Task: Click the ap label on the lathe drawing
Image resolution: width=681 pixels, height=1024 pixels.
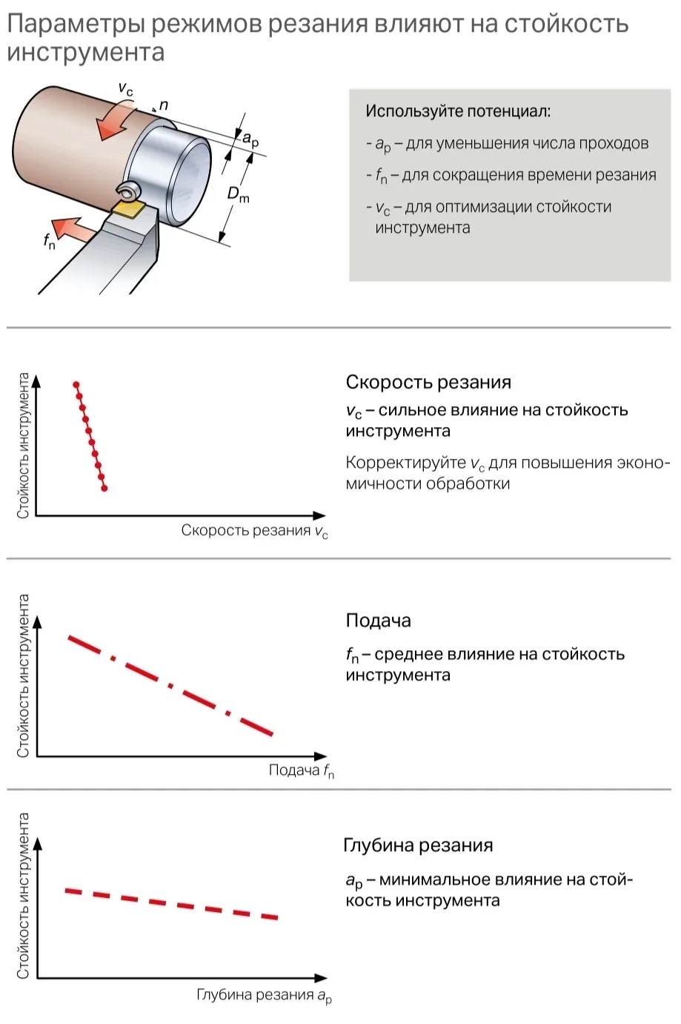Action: [x=250, y=139]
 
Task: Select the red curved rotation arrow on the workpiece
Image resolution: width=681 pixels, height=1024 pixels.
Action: [x=116, y=120]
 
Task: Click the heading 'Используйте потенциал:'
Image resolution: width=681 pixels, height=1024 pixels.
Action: [x=457, y=111]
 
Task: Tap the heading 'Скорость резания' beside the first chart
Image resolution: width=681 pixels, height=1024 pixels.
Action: [x=428, y=383]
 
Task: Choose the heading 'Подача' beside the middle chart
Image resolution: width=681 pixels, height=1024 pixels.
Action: [x=378, y=621]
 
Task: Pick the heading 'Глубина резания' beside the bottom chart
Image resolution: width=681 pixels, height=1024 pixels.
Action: [x=418, y=845]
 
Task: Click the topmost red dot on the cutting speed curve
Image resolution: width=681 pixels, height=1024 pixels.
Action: [x=76, y=384]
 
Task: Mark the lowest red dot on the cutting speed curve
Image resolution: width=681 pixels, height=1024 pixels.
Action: [x=104, y=488]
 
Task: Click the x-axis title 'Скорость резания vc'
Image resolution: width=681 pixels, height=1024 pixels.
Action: [x=254, y=531]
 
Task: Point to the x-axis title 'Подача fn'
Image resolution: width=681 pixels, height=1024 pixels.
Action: [x=301, y=771]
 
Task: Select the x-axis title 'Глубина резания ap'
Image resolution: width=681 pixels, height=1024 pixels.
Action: [x=264, y=995]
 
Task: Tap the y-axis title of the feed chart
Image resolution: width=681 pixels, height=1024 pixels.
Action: [x=23, y=675]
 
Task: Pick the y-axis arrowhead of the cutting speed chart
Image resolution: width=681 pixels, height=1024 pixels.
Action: [x=36, y=381]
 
